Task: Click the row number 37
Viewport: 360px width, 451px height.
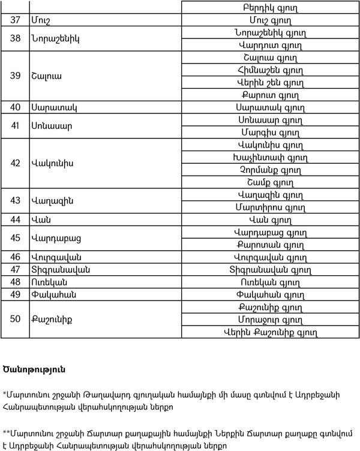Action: [x=15, y=20]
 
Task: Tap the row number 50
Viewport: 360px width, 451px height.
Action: [x=15, y=318]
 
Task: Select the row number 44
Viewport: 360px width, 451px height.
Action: [x=15, y=220]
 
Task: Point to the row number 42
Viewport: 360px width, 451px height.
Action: [x=15, y=163]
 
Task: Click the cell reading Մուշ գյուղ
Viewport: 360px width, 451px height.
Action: [x=270, y=20]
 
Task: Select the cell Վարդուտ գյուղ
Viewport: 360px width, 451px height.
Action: [x=270, y=45]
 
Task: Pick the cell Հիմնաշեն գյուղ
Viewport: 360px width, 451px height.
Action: [x=270, y=70]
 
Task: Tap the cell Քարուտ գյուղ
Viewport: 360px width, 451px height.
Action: [x=270, y=95]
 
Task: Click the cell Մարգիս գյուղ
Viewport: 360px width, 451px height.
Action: [x=270, y=133]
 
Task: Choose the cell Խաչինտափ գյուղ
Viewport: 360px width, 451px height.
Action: [x=270, y=158]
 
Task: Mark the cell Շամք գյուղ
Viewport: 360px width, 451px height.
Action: [x=270, y=182]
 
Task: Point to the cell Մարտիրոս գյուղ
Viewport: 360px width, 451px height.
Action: [x=270, y=208]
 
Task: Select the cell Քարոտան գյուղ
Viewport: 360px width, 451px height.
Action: [x=270, y=245]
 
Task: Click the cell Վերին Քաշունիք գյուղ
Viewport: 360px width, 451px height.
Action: [x=270, y=331]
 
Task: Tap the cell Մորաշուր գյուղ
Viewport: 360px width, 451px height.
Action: [x=270, y=318]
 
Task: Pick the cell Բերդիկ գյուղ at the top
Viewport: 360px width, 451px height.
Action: [x=270, y=8]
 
